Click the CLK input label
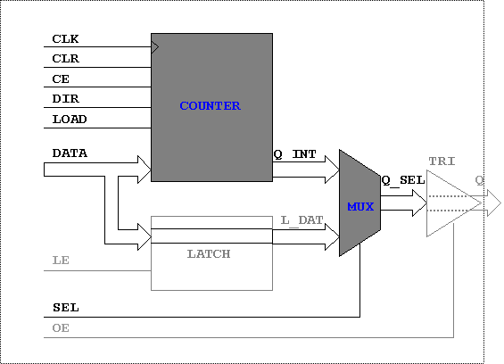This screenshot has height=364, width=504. (x=65, y=39)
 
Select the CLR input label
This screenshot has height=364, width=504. (x=66, y=59)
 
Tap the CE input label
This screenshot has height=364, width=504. (x=61, y=79)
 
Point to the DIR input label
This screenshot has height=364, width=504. (x=66, y=98)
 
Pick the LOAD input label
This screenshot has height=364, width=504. (x=70, y=120)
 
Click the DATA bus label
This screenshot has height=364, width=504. (x=70, y=153)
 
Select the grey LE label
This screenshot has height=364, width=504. (x=61, y=260)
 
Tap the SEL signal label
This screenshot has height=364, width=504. (x=66, y=308)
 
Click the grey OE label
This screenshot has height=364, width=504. (x=61, y=328)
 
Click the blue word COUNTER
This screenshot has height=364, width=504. (x=210, y=106)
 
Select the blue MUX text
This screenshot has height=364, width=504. (x=360, y=206)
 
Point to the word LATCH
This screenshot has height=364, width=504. (x=209, y=254)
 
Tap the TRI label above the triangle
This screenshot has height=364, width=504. (x=442, y=161)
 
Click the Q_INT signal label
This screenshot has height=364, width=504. (x=294, y=154)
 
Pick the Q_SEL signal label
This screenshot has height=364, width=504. (x=403, y=180)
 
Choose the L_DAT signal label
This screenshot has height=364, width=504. (x=302, y=220)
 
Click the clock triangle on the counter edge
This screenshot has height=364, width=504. (x=155, y=47)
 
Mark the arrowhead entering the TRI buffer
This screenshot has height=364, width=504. (x=419, y=203)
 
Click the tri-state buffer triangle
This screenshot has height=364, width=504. (x=454, y=203)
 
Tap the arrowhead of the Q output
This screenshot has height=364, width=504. (x=494, y=203)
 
